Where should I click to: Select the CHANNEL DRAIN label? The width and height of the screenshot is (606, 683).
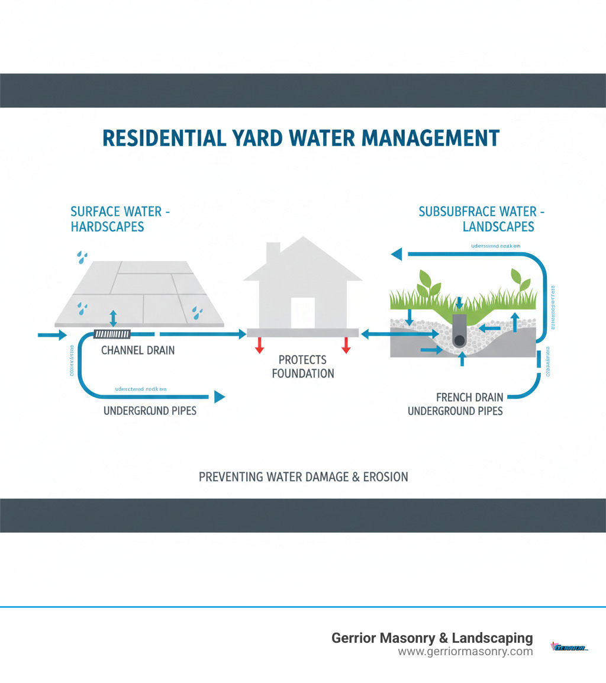click(138, 350)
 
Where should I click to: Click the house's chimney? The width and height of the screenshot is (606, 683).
click(273, 253)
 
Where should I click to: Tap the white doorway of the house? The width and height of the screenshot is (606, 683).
click(302, 312)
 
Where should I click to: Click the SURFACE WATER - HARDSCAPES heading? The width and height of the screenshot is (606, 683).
click(121, 219)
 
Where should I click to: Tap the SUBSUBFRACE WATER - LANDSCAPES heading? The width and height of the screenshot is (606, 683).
click(482, 219)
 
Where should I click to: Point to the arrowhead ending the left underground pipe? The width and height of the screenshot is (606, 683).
click(220, 397)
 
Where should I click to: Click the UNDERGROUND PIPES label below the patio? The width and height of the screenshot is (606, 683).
click(150, 410)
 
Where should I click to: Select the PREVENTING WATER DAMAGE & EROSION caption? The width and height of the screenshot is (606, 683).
click(303, 476)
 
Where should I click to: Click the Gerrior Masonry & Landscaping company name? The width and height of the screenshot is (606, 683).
click(432, 638)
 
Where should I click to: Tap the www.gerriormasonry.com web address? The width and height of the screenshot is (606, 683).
click(465, 652)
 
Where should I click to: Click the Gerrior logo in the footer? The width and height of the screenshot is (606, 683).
click(569, 647)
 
